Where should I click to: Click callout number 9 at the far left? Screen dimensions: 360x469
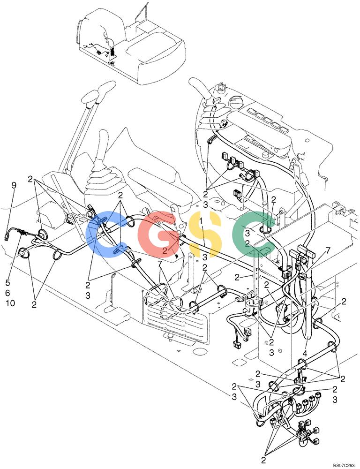pyautogui.click(x=14, y=185)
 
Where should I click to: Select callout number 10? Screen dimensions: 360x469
pyautogui.click(x=10, y=303)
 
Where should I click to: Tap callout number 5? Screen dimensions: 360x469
pyautogui.click(x=8, y=282)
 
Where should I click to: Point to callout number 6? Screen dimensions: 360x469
pyautogui.click(x=8, y=293)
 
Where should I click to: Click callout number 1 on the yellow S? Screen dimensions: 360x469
pyautogui.click(x=201, y=221)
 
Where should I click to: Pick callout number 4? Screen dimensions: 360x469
pyautogui.click(x=304, y=354)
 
